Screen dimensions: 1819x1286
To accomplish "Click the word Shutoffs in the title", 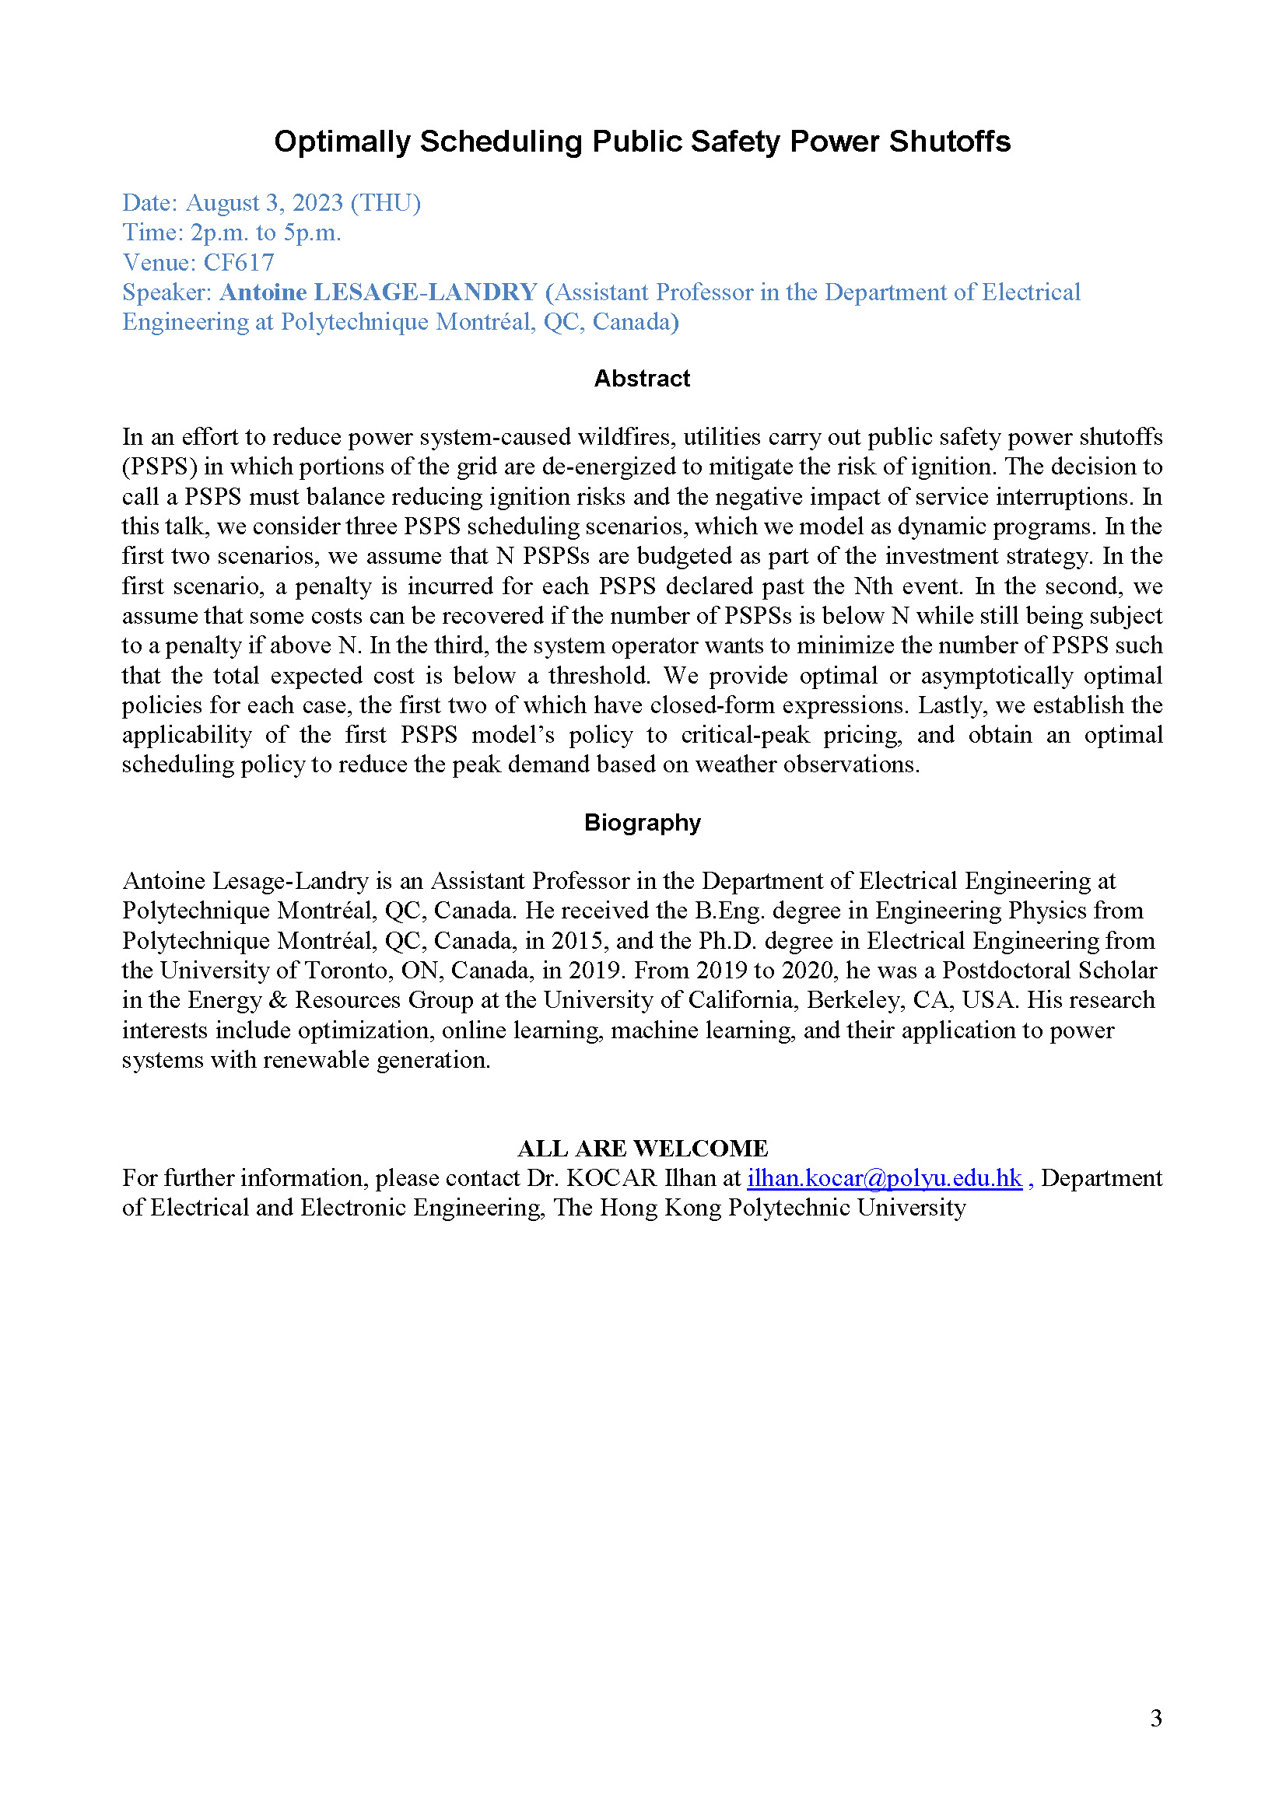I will tap(949, 142).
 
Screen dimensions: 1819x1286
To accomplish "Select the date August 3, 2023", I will tap(264, 203).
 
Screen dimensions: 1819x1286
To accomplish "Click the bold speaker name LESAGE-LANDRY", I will tap(426, 292).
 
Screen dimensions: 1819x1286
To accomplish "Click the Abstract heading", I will tap(642, 379).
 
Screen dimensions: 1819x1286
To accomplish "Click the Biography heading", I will tap(642, 822).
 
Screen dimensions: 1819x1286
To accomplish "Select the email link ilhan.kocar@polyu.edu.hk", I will tap(885, 1178).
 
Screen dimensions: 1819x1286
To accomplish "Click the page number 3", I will tap(1156, 1718).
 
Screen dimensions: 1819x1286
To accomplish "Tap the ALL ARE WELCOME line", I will tap(642, 1148).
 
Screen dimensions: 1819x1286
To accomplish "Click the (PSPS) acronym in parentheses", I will tap(159, 467).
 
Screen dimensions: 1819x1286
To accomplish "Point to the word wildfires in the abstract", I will tap(626, 437).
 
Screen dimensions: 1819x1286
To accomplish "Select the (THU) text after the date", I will tap(386, 203).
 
